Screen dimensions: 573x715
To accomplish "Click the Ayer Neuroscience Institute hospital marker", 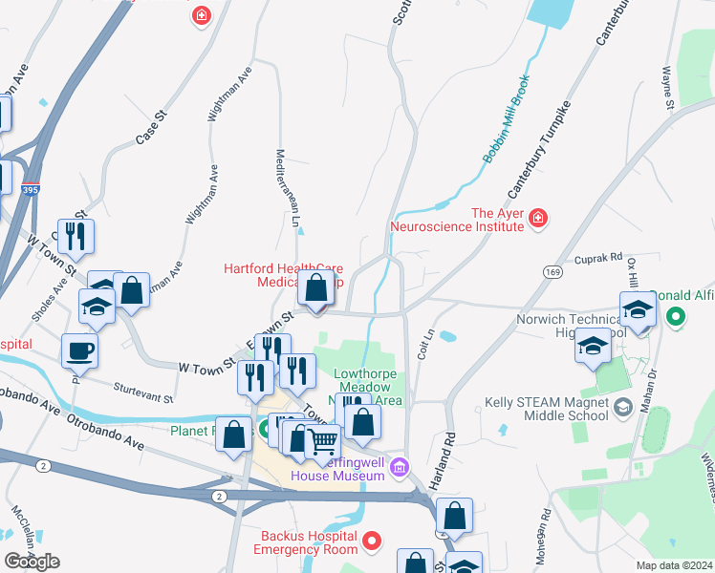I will [538, 220].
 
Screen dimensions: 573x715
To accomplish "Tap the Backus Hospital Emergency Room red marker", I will [375, 542].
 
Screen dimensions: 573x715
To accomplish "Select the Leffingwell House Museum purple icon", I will [400, 467].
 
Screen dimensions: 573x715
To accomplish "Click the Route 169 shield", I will [552, 272].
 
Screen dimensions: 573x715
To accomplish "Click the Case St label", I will [151, 127].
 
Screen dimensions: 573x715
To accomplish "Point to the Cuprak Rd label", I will [598, 259].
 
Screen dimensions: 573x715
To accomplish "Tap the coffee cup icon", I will [79, 350].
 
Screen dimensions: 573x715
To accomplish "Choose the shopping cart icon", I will [324, 442].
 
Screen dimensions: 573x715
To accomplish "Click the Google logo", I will [32, 561].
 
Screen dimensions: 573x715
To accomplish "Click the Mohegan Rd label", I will [544, 541].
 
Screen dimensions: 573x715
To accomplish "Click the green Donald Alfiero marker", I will [678, 314].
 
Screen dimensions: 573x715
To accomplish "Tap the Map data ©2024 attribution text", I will [675, 565].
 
